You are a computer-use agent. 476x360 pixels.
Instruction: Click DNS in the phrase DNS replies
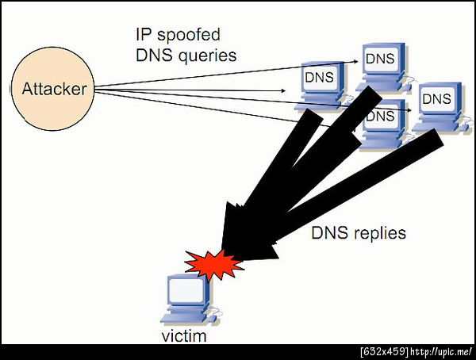click(326, 233)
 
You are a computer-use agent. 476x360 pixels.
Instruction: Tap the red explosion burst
click(213, 264)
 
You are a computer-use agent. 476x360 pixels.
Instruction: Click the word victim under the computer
click(183, 336)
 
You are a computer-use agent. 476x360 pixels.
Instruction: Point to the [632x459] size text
click(383, 350)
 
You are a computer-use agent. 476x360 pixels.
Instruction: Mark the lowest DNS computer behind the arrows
click(380, 117)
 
